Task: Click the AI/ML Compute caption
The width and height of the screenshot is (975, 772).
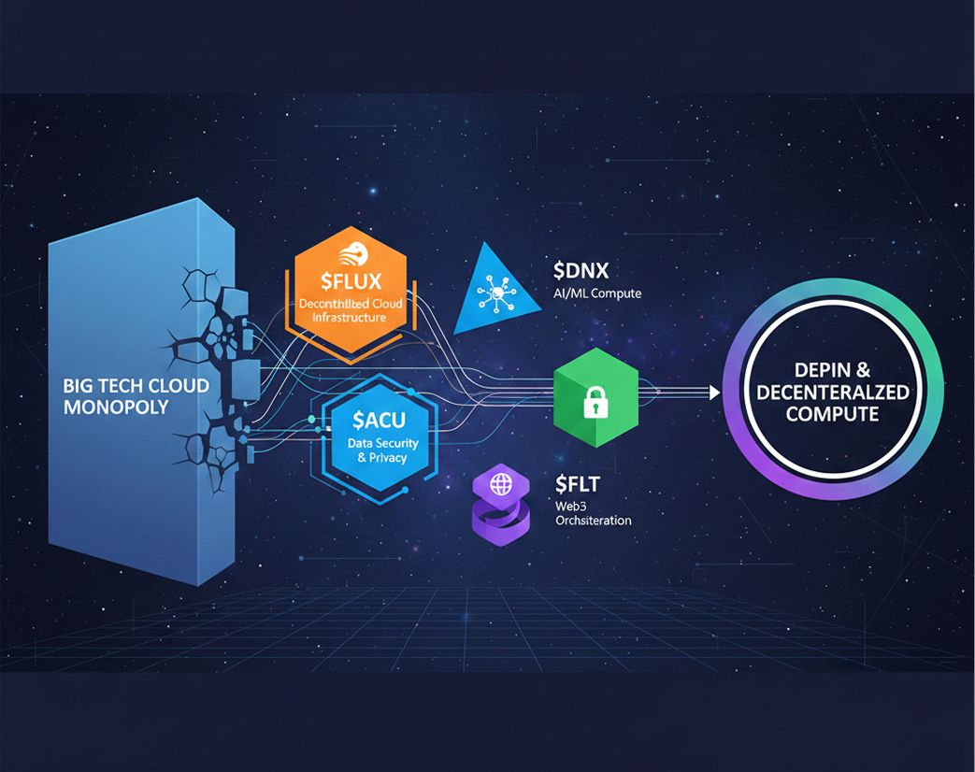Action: coord(596,293)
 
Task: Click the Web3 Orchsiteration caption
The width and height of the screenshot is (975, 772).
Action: coord(593,512)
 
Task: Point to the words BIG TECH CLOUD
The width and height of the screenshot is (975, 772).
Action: coord(136,385)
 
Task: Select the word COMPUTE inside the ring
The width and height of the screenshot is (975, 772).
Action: coord(832,414)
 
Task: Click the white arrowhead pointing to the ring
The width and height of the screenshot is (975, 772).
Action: coord(713,393)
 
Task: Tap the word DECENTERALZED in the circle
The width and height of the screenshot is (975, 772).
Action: coord(832,393)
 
